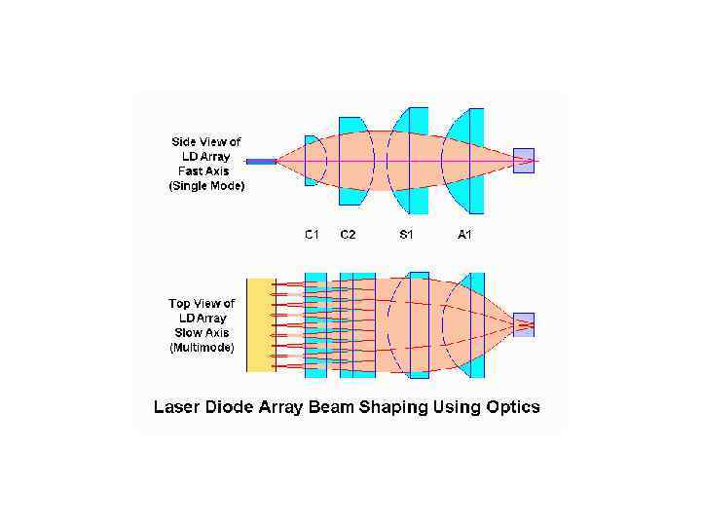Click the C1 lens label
click(x=313, y=235)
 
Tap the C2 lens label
click(x=348, y=235)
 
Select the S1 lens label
click(x=407, y=235)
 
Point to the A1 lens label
click(x=464, y=235)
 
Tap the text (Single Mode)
click(x=206, y=185)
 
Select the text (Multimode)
click(x=202, y=348)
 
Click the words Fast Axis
click(x=203, y=170)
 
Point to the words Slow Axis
click(x=202, y=333)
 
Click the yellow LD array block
click(x=260, y=324)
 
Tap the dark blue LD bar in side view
click(x=261, y=161)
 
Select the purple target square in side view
click(x=524, y=160)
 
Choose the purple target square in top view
click(x=524, y=324)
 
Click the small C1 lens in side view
click(x=310, y=161)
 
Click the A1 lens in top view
click(x=474, y=324)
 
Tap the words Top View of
click(x=202, y=303)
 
